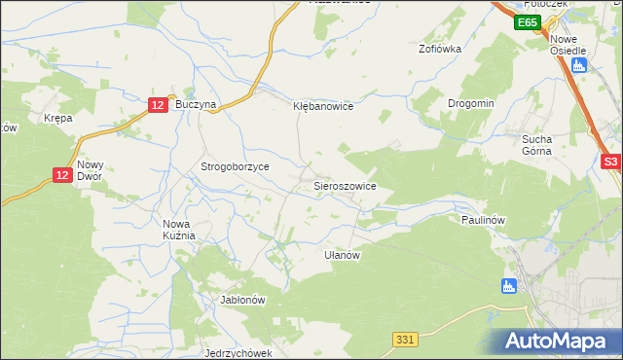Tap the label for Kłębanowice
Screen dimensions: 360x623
pyautogui.click(x=322, y=106)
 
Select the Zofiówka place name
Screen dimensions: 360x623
pyautogui.click(x=439, y=48)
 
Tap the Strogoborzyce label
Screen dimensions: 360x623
pyautogui.click(x=235, y=167)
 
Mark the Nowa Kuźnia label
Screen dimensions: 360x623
pyautogui.click(x=179, y=230)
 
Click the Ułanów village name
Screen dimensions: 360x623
pyautogui.click(x=343, y=255)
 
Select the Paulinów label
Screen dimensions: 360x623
pyautogui.click(x=481, y=220)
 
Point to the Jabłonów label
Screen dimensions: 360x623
pyautogui.click(x=243, y=300)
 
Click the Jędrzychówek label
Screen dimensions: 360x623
pyautogui.click(x=238, y=353)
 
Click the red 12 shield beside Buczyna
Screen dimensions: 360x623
pyautogui.click(x=159, y=104)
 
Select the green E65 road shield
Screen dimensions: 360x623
pyautogui.click(x=528, y=22)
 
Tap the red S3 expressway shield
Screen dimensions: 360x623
pyautogui.click(x=610, y=163)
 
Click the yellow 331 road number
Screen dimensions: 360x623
pyautogui.click(x=407, y=338)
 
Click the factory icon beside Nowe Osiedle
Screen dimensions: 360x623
pyautogui.click(x=580, y=65)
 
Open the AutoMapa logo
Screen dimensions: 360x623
pyautogui.click(x=559, y=341)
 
